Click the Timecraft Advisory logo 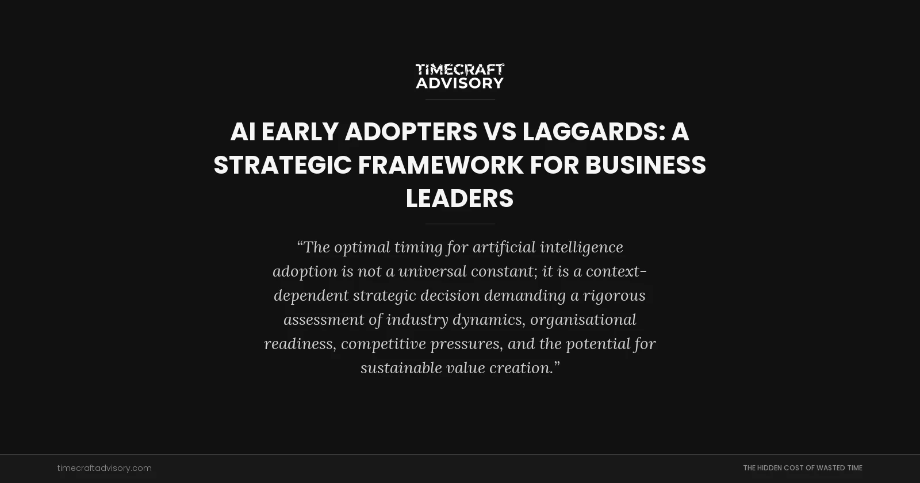point(460,76)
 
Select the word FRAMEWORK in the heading point(440,166)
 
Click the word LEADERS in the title point(460,199)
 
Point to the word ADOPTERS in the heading point(411,132)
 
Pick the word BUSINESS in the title point(645,166)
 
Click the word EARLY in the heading point(300,132)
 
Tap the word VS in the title point(499,132)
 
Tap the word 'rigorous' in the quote point(614,296)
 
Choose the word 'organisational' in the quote point(583,320)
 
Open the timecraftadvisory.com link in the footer point(105,468)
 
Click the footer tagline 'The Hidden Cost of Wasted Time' point(802,468)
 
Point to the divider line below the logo point(460,99)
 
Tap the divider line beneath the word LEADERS point(460,224)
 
